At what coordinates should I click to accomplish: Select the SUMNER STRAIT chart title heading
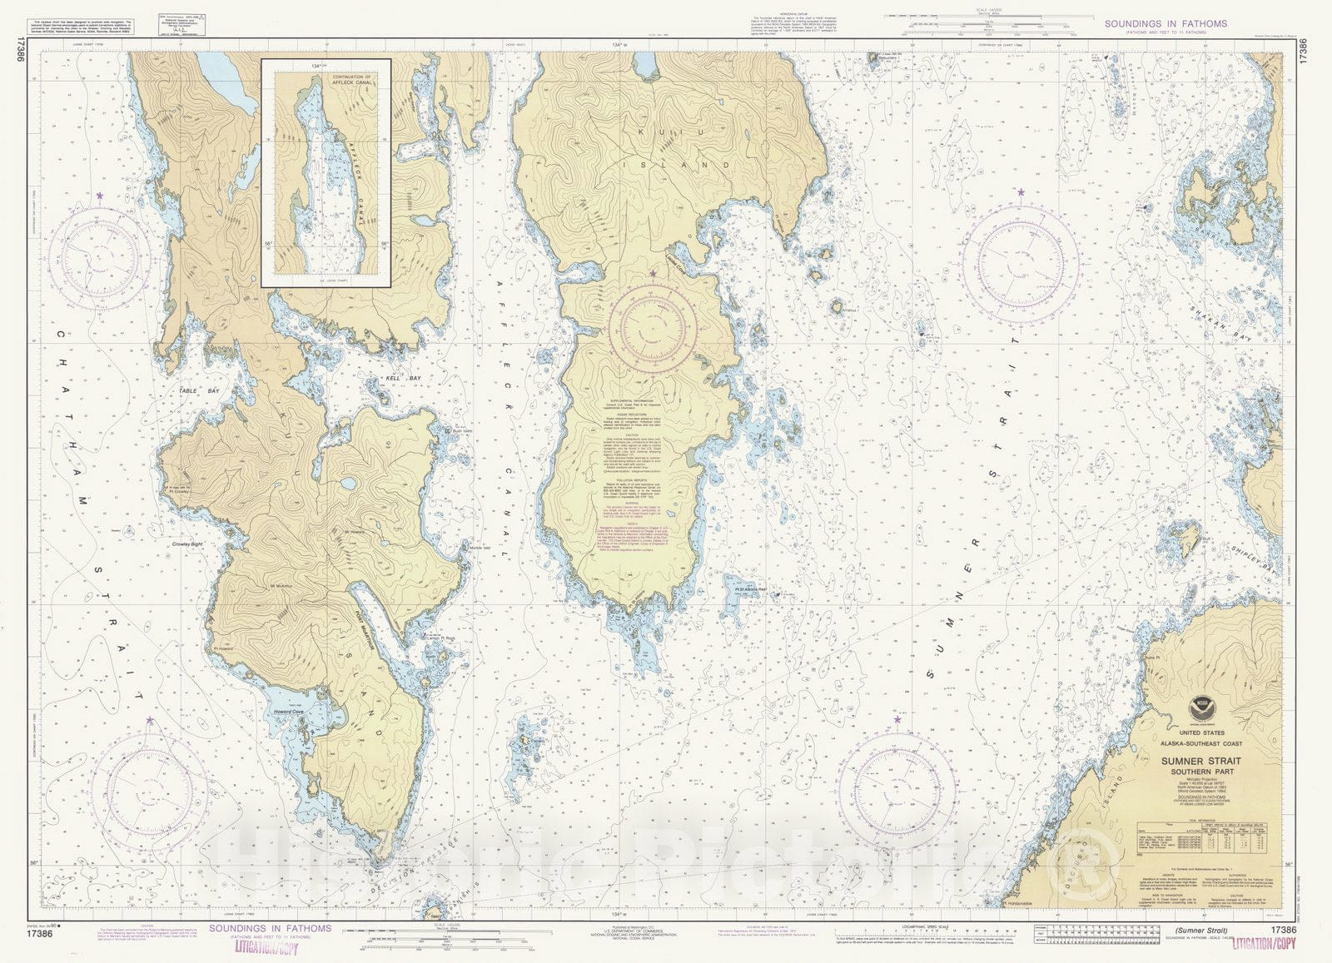(1201, 761)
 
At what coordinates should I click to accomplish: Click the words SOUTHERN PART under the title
(1201, 771)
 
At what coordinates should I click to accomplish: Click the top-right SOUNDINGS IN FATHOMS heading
(1165, 23)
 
